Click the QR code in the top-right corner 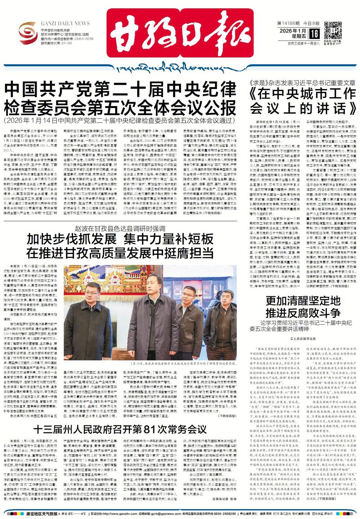[333, 30]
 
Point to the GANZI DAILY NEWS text [65, 23]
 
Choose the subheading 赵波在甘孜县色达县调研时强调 [120, 228]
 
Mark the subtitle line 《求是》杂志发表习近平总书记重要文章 [302, 82]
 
